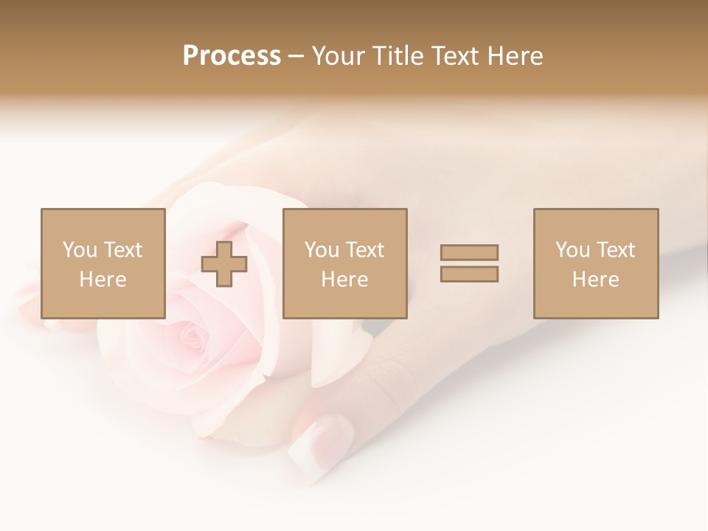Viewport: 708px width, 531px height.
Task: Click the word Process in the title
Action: [232, 56]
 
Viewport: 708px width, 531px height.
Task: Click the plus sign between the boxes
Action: [224, 264]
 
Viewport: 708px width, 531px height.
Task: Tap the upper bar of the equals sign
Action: [469, 252]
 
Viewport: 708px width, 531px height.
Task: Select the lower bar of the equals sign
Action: [469, 274]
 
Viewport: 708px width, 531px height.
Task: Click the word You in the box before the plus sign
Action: [80, 250]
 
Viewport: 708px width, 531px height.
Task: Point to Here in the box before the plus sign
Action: [103, 280]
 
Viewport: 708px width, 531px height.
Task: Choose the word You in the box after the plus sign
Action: [322, 250]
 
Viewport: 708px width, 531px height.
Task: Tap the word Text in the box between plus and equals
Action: [364, 250]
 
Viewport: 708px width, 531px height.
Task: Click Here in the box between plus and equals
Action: [344, 280]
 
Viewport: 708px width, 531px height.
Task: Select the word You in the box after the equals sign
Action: [572, 250]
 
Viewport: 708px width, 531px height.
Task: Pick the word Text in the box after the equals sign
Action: [615, 250]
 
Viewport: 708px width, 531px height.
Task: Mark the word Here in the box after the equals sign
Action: [595, 280]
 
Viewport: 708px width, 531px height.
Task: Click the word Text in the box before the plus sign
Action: [122, 250]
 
